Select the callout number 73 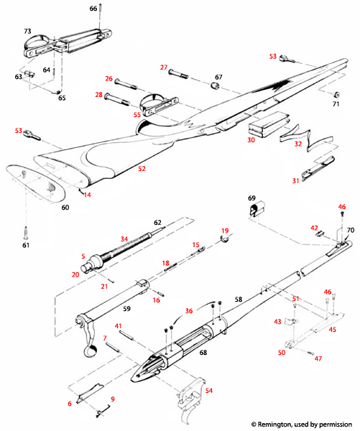coord(27,32)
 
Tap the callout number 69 coord(251,197)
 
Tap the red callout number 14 coord(87,195)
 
